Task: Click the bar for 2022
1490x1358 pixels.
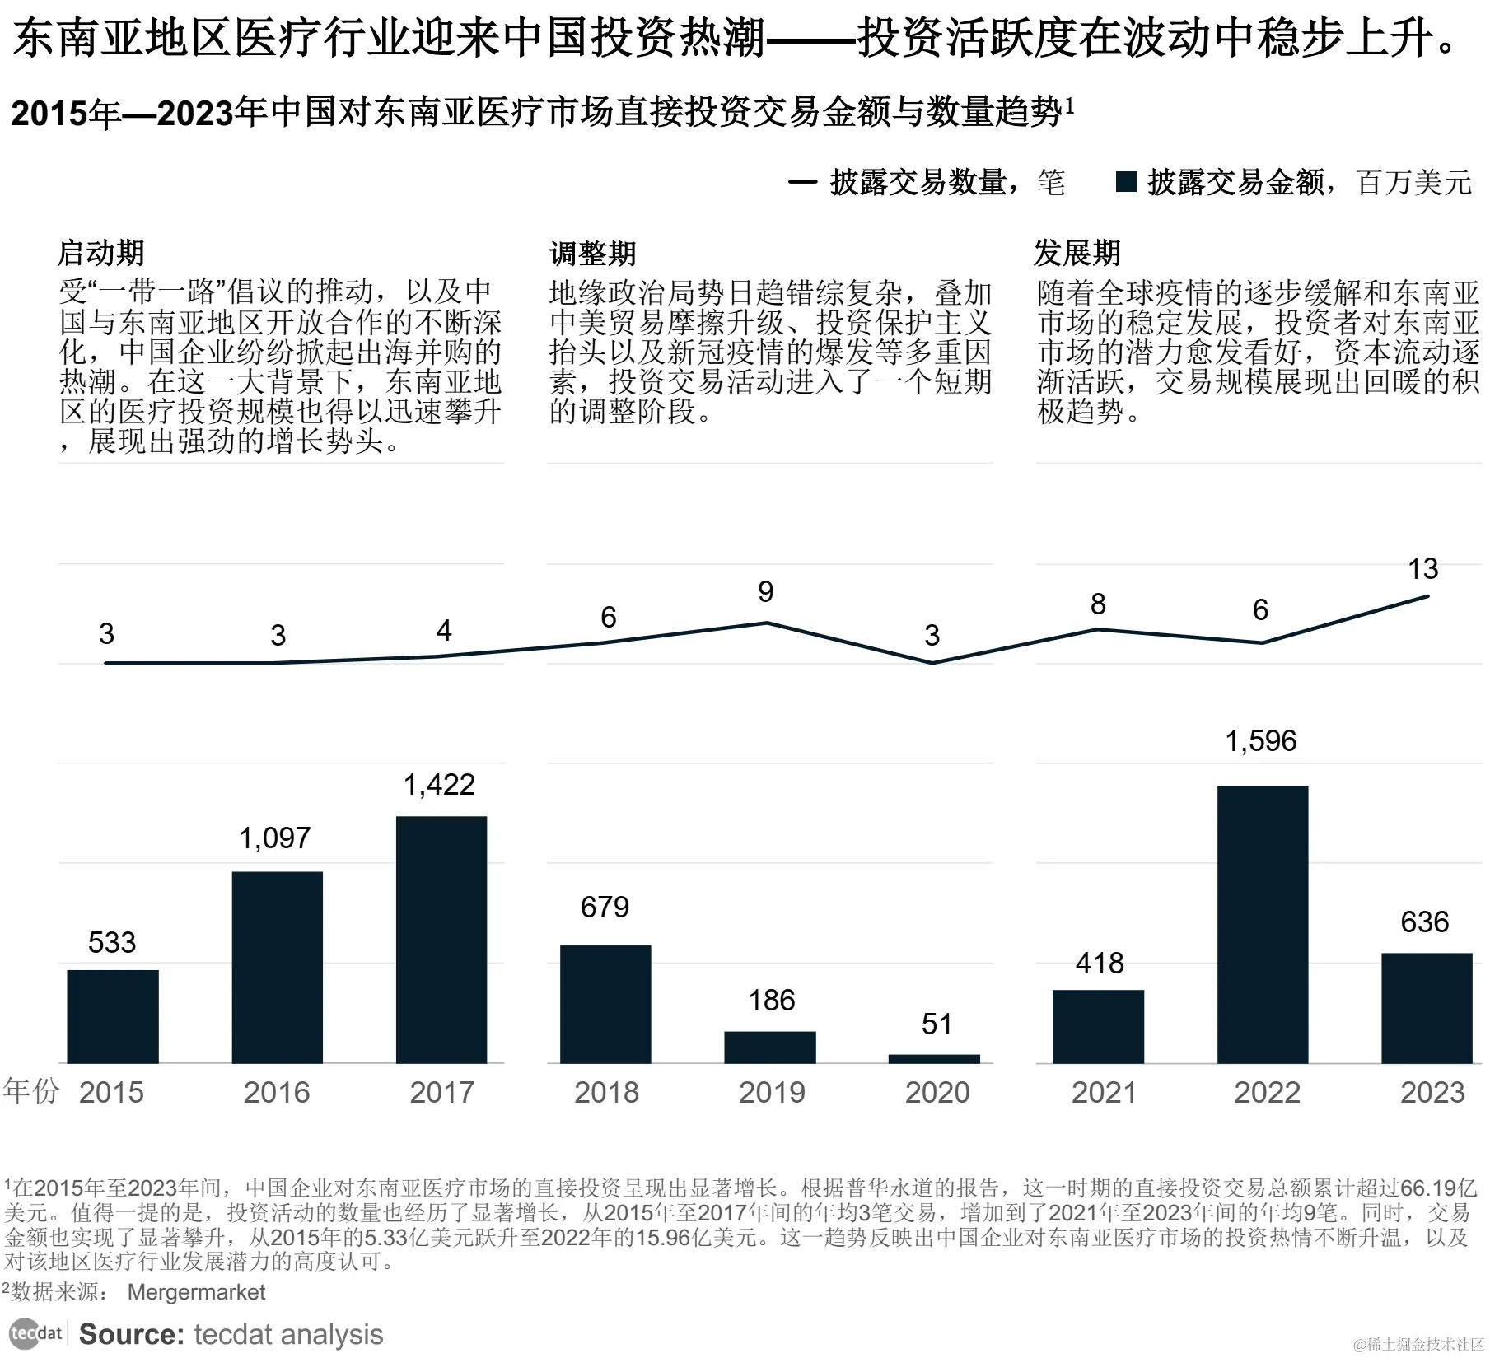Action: pyautogui.click(x=1262, y=924)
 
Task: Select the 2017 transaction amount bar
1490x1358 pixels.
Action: pyautogui.click(x=441, y=940)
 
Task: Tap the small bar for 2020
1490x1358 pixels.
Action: pyautogui.click(x=934, y=1058)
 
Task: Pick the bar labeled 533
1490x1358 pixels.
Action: pyautogui.click(x=113, y=1016)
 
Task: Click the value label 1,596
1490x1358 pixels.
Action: pyautogui.click(x=1260, y=741)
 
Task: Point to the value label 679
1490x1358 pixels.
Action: pyautogui.click(x=605, y=908)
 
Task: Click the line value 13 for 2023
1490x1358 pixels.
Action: pyautogui.click(x=1422, y=569)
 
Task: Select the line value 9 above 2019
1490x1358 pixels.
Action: pyautogui.click(x=766, y=592)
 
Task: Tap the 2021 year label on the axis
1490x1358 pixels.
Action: pyautogui.click(x=1103, y=1093)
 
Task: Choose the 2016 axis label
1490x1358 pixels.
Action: pyautogui.click(x=277, y=1093)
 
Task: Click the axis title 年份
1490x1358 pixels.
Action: pyautogui.click(x=31, y=1090)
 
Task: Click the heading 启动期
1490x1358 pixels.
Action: pyautogui.click(x=100, y=253)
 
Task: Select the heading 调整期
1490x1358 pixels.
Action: pyautogui.click(x=592, y=253)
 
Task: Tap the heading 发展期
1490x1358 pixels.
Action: pyautogui.click(x=1077, y=253)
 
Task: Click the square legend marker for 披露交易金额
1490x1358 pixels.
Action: pyautogui.click(x=1126, y=182)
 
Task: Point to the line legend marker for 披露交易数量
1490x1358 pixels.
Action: pyautogui.click(x=802, y=182)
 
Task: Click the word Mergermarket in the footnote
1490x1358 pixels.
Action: pyautogui.click(x=196, y=1292)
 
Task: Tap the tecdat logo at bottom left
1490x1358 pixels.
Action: pyautogui.click(x=36, y=1333)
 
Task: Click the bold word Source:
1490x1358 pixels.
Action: pyautogui.click(x=131, y=1334)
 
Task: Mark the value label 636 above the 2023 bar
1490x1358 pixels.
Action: pyautogui.click(x=1424, y=922)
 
